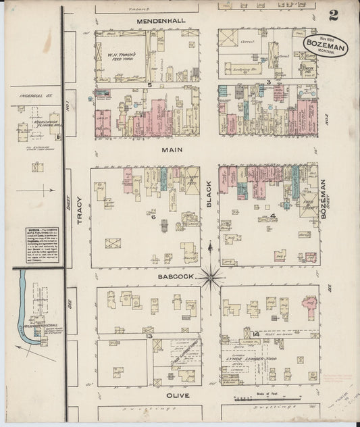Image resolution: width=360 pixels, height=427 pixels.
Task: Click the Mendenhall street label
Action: click(x=160, y=21)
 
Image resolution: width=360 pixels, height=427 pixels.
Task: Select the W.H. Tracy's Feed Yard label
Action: click(x=122, y=57)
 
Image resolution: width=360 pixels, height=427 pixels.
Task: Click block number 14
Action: click(x=255, y=334)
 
